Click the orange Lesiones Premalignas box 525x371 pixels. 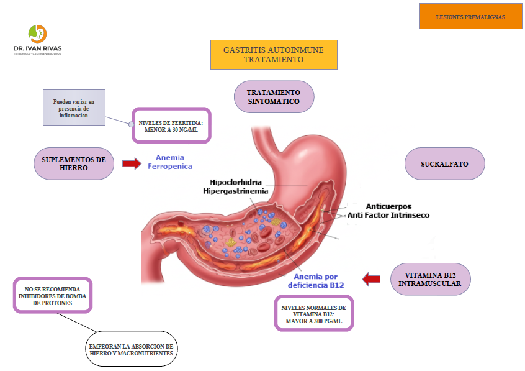[470, 17]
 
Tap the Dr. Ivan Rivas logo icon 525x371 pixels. [37, 34]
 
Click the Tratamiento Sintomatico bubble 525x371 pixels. [274, 97]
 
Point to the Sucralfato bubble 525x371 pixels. [444, 164]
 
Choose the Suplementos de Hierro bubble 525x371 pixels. [74, 164]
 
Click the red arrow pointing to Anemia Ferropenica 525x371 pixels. [131, 163]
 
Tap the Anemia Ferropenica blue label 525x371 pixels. [169, 162]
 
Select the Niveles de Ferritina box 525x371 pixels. [171, 126]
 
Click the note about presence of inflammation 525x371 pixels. [74, 108]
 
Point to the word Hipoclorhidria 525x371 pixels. [236, 183]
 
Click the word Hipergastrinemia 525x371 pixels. [236, 191]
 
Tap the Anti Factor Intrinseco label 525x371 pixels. [388, 215]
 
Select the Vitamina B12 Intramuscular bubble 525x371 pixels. [429, 279]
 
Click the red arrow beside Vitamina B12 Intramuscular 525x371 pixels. [371, 279]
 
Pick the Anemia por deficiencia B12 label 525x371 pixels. [315, 281]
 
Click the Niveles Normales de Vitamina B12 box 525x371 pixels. [313, 313]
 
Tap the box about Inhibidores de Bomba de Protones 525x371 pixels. [53, 296]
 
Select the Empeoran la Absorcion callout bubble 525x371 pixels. [130, 349]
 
